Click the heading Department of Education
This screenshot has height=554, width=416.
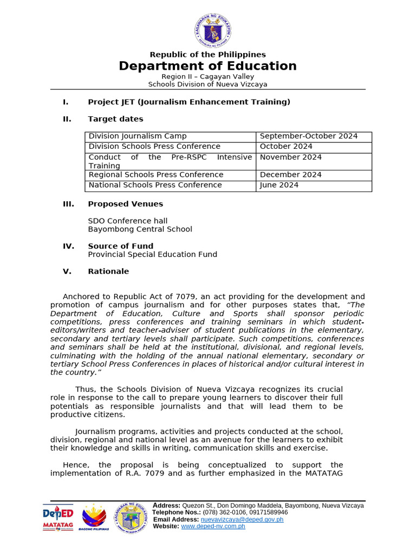(x=207, y=66)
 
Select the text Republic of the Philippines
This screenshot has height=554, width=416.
(x=207, y=54)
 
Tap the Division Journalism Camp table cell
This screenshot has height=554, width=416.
(x=138, y=136)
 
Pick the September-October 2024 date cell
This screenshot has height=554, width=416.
(x=309, y=136)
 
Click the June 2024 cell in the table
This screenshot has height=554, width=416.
(x=279, y=185)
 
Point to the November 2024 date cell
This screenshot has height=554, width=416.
(x=290, y=157)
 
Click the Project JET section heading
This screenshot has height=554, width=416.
(x=189, y=102)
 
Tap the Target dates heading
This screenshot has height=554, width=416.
(x=115, y=119)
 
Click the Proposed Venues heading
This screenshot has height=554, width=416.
(x=125, y=204)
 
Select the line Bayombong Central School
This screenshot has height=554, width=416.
(x=140, y=229)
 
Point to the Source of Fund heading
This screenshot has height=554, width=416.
(x=120, y=246)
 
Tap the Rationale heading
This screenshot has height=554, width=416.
(x=108, y=272)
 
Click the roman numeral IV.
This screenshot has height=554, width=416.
(x=68, y=246)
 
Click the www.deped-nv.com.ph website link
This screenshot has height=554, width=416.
(x=213, y=526)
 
